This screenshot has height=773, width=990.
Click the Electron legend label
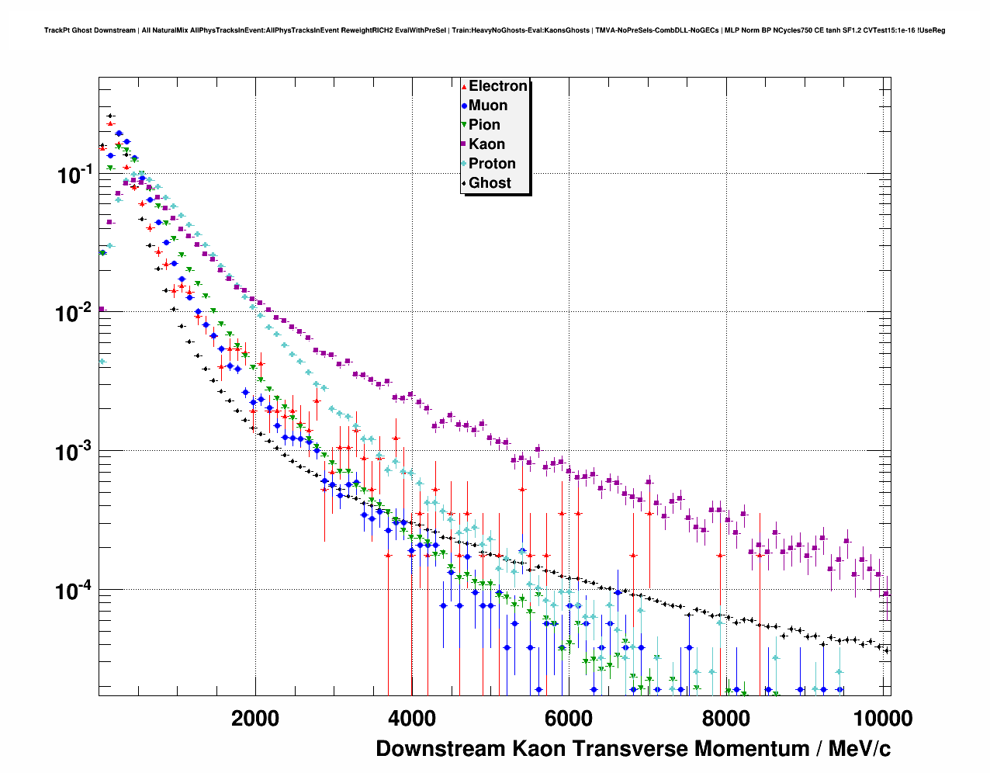click(498, 86)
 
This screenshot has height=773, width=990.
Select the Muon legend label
click(488, 106)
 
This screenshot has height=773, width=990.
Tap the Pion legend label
click(484, 125)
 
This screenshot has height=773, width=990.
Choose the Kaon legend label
click(486, 144)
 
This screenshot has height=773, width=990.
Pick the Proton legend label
click(492, 164)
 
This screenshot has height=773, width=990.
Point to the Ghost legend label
click(490, 183)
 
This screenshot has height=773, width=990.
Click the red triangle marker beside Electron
click(464, 87)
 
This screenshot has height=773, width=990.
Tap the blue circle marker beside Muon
click(464, 106)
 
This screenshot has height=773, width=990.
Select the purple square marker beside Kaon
click(464, 145)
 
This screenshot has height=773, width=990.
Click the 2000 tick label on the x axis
click(255, 719)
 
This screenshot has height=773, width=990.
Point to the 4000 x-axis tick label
click(412, 719)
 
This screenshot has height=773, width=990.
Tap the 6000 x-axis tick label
click(569, 719)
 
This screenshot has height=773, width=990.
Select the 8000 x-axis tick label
click(725, 719)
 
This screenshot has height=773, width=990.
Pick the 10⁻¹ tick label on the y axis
click(74, 175)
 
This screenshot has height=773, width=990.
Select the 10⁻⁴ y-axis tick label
click(74, 591)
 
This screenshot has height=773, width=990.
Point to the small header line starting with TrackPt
click(494, 30)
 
